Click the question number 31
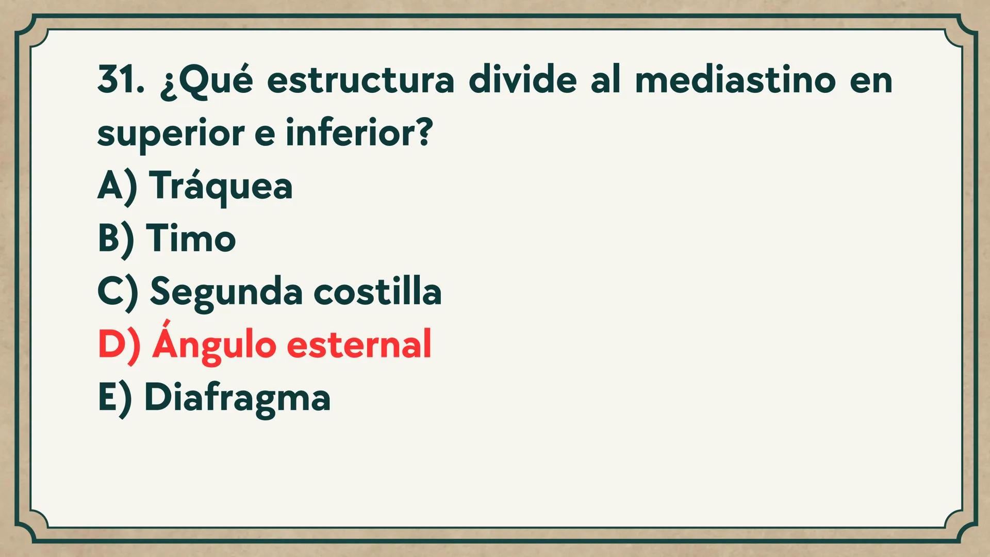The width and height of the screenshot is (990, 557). pos(121,80)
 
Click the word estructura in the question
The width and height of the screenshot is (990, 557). pos(360,80)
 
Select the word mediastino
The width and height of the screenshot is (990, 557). pos(735,80)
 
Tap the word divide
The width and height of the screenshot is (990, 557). pos(522,80)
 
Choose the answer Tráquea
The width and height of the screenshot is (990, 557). pos(221,187)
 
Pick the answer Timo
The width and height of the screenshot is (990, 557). pos(191,239)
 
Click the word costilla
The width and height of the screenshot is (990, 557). pos(377,291)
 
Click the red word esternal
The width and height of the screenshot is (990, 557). pos(359,345)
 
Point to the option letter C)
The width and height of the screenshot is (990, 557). pos(118,292)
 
